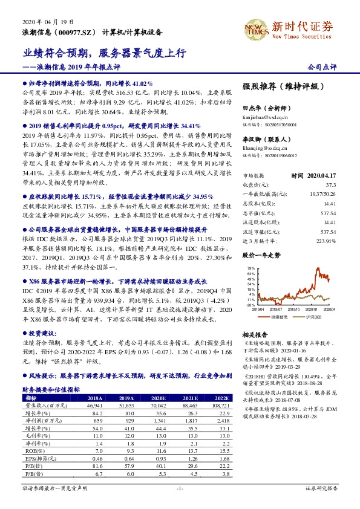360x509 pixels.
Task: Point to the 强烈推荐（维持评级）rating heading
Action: coord(275,86)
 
